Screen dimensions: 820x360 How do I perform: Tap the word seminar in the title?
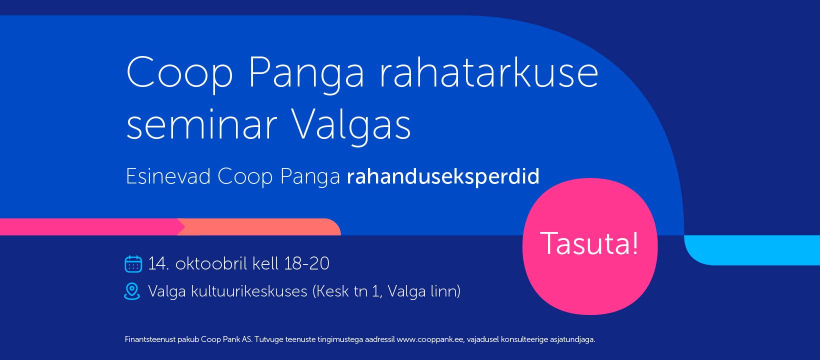(201, 124)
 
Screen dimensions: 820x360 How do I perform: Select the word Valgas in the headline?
(351, 126)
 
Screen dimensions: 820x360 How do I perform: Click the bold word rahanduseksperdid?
(443, 177)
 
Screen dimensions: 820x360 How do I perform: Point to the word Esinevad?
(168, 176)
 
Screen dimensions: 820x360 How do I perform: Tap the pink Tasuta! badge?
(589, 245)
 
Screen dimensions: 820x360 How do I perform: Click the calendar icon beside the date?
(133, 263)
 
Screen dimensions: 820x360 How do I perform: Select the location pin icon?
(132, 291)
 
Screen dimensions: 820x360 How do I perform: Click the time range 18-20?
(307, 263)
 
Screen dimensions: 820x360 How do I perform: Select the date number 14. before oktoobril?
(158, 263)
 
